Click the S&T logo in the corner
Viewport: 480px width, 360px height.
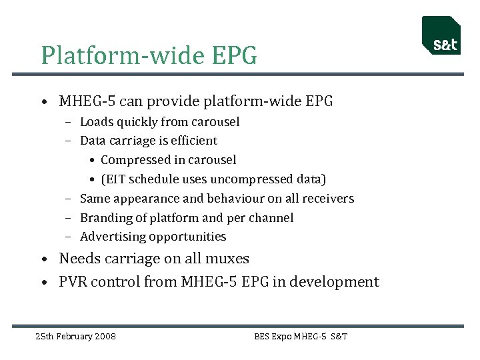[441, 36]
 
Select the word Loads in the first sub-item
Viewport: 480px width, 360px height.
[96, 122]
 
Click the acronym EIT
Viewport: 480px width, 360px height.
[116, 179]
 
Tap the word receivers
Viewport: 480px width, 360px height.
[328, 199]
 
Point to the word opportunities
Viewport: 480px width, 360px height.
[187, 237]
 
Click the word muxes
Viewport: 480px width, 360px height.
[227, 259]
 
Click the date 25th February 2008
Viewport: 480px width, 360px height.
[75, 336]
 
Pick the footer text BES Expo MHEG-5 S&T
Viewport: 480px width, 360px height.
[301, 336]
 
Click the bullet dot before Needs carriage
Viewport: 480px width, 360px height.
[43, 259]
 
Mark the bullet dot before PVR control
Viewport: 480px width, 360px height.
[43, 283]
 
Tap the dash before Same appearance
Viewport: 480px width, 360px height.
[69, 199]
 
